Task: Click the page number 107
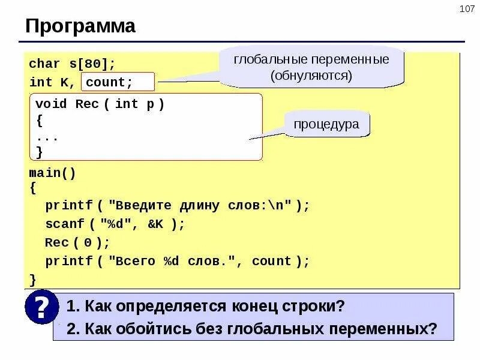466,9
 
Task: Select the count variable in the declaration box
109,82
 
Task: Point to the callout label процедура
326,124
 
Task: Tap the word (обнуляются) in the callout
311,76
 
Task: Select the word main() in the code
53,173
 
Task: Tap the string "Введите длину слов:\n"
200,205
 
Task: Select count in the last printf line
271,261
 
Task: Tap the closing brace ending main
32,279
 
